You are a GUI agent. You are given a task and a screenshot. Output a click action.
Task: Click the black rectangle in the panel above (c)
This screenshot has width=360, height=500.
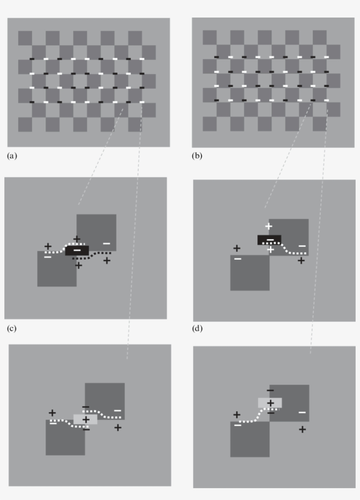click(x=77, y=250)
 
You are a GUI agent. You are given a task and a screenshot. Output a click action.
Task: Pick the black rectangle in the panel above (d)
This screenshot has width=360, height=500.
click(x=269, y=240)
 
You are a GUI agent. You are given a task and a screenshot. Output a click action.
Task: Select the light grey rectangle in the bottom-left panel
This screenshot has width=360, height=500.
click(x=85, y=419)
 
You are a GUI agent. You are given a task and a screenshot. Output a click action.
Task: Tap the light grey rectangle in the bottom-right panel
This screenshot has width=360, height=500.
click(x=270, y=403)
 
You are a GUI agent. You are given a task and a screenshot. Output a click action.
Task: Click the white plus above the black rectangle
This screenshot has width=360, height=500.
click(x=269, y=226)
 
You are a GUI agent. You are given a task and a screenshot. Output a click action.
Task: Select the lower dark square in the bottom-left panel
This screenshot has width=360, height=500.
click(x=65, y=439)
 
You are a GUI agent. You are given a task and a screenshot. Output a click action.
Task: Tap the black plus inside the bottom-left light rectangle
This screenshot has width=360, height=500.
click(x=86, y=419)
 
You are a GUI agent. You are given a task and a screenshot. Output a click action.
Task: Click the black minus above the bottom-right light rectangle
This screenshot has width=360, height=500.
click(x=270, y=390)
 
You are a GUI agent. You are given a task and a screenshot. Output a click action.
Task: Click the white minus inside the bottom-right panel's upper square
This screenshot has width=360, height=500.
click(x=302, y=412)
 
